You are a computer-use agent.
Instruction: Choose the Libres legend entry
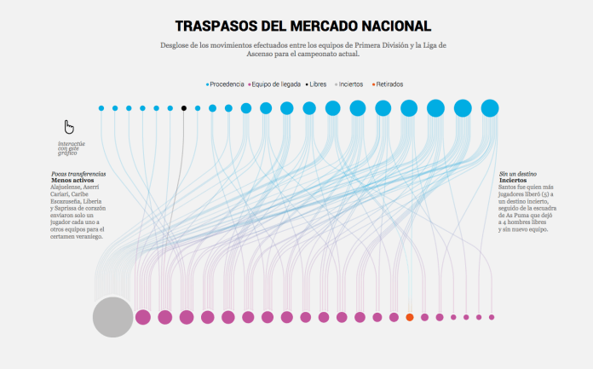317,84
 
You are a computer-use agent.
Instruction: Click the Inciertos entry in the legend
350,84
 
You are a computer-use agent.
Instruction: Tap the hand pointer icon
69,127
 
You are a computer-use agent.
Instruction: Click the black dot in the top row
183,108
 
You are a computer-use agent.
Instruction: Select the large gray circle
112,317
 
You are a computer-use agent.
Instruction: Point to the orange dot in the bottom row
410,317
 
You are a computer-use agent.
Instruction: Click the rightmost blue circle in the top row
489,108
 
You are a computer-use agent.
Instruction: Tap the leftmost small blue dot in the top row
101,108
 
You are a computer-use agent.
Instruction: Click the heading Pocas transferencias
78,174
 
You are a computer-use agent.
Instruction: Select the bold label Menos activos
72,181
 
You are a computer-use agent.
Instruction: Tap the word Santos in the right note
509,187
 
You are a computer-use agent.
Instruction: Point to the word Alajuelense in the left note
67,187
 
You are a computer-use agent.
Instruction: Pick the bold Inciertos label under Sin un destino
513,181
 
